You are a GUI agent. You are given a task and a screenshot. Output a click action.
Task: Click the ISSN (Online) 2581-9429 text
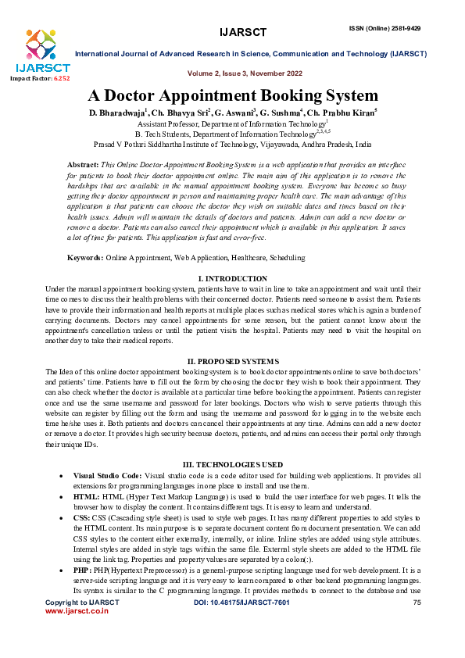385,28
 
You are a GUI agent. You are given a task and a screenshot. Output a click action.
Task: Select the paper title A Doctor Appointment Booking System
232,96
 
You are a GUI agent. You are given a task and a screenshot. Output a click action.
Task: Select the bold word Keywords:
85,235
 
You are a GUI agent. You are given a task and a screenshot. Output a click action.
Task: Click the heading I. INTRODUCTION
232,279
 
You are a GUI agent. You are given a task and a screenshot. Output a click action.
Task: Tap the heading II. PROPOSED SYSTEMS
232,361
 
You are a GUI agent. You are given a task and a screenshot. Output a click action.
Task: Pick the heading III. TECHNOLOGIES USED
232,464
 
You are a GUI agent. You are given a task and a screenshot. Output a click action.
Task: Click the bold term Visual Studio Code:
108,475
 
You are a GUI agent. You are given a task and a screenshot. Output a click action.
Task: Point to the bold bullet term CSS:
81,517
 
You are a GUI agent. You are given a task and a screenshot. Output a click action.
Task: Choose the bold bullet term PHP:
82,570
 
